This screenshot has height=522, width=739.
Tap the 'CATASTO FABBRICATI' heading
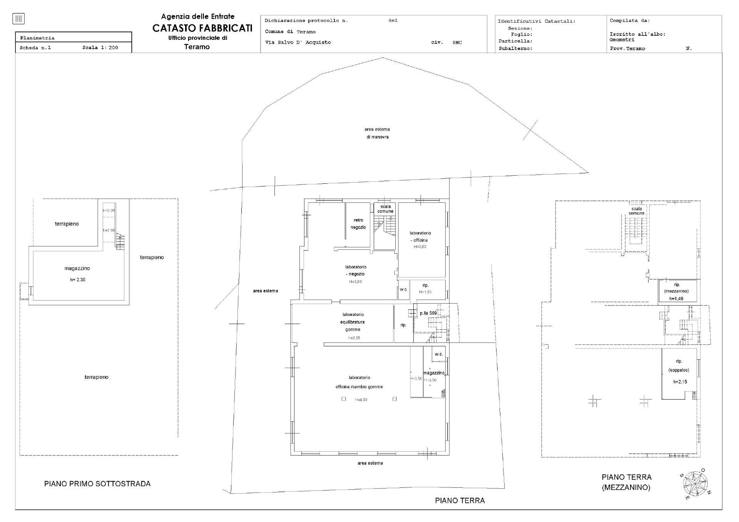(202, 28)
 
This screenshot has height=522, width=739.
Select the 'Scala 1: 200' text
(100, 48)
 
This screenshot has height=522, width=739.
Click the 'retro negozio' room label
(358, 224)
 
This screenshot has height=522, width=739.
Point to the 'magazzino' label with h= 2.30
(77, 268)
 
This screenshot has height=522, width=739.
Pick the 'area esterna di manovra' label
(377, 133)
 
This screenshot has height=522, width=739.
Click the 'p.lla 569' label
(428, 313)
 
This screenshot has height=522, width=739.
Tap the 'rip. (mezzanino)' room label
(677, 288)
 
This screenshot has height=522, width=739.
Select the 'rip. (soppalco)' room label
(679, 366)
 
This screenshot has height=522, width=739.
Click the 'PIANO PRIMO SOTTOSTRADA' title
(97, 484)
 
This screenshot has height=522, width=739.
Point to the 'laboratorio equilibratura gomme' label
(353, 322)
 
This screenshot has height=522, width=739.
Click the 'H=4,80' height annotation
(361, 400)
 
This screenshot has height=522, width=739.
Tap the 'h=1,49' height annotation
(676, 299)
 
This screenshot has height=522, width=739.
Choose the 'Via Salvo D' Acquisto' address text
(298, 42)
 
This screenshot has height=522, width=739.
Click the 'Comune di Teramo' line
(290, 32)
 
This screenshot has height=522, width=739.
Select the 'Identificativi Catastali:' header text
(537, 21)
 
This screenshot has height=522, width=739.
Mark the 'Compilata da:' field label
(629, 20)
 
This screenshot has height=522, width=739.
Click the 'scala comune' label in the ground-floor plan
(385, 209)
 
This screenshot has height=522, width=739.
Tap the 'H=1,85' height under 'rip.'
(425, 292)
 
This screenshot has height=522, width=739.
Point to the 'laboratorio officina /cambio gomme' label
(359, 382)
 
